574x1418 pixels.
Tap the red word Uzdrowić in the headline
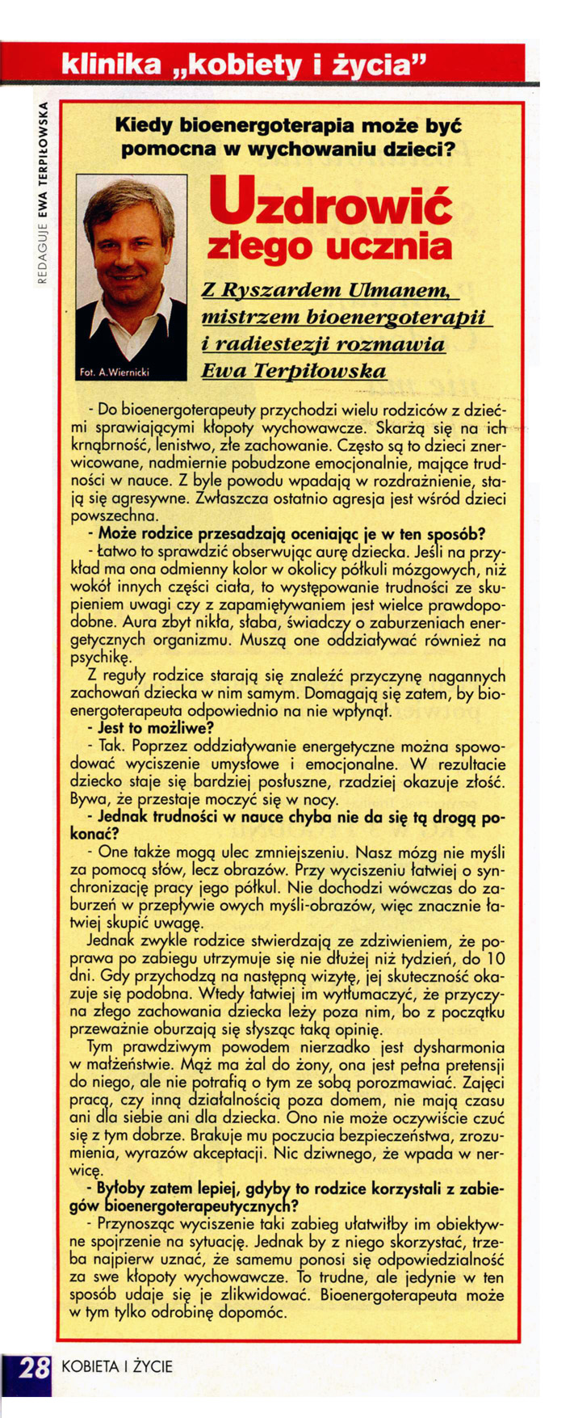click(x=331, y=201)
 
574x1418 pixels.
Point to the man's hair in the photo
click(x=129, y=197)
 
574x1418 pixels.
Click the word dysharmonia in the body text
click(x=459, y=1046)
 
